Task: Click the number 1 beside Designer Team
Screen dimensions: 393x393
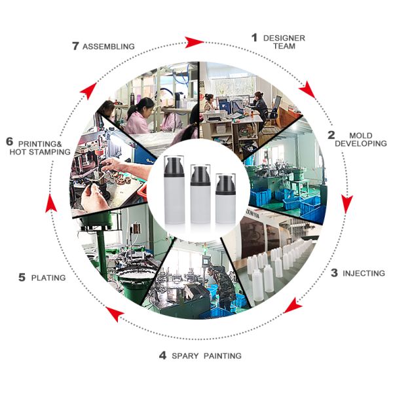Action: [254, 37]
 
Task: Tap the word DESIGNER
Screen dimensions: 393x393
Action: [284, 38]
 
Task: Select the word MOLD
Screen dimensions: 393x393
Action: [361, 136]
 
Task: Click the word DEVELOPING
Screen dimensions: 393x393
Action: [361, 143]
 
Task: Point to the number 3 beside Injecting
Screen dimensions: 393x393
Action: [334, 272]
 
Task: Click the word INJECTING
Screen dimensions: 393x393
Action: [364, 273]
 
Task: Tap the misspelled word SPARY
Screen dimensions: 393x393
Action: [185, 356]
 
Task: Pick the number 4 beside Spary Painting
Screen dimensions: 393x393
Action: [162, 356]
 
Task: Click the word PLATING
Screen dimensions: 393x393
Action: [48, 278]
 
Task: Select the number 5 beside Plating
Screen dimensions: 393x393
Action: [22, 277]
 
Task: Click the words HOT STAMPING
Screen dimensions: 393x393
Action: [40, 152]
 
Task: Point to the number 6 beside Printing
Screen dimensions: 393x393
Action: [10, 141]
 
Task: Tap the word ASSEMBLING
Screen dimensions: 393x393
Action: [109, 47]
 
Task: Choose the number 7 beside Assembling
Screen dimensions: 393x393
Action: [75, 46]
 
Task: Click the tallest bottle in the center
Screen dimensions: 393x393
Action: [174, 190]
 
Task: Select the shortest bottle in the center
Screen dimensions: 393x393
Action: [225, 198]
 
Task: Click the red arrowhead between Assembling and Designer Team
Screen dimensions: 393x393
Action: [194, 42]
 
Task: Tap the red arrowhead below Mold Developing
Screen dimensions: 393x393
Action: [347, 204]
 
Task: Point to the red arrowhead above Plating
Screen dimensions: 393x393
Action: [51, 204]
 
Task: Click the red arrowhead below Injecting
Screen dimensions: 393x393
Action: [293, 305]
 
